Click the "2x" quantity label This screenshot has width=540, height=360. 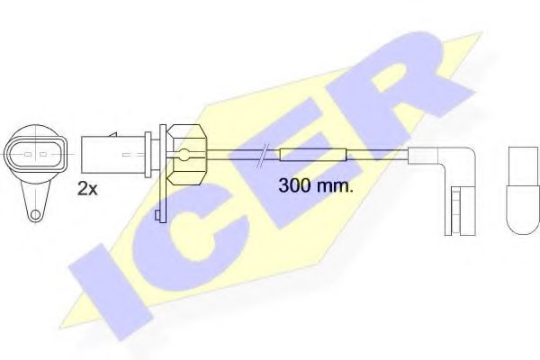coord(88,189)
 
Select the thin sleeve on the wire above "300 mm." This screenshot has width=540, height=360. coord(311,155)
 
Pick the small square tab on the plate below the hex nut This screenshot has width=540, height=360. coord(158,213)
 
